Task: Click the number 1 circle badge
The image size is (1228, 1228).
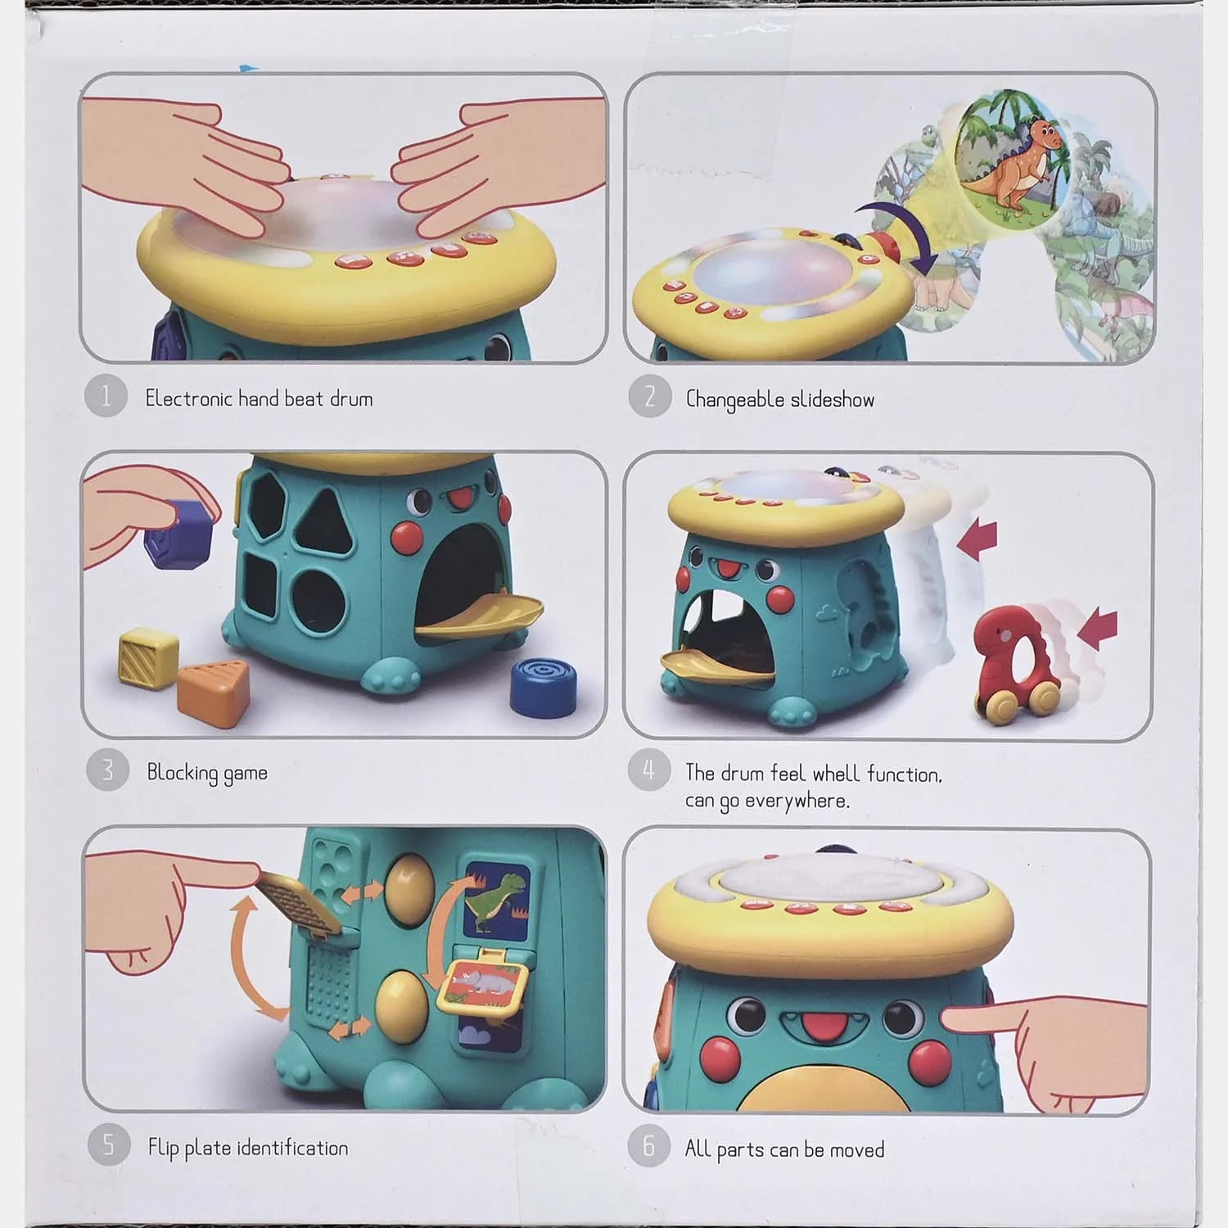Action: tap(106, 396)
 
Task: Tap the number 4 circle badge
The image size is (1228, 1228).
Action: tap(649, 770)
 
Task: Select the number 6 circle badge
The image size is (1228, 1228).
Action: tap(649, 1145)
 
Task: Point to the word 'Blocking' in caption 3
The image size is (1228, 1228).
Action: tap(183, 773)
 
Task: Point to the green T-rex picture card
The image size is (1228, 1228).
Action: tap(497, 897)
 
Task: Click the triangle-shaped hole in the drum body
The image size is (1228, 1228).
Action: tap(323, 521)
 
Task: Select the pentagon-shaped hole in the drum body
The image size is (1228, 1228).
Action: tap(268, 506)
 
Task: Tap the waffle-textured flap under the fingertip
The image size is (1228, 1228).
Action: tap(298, 902)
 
